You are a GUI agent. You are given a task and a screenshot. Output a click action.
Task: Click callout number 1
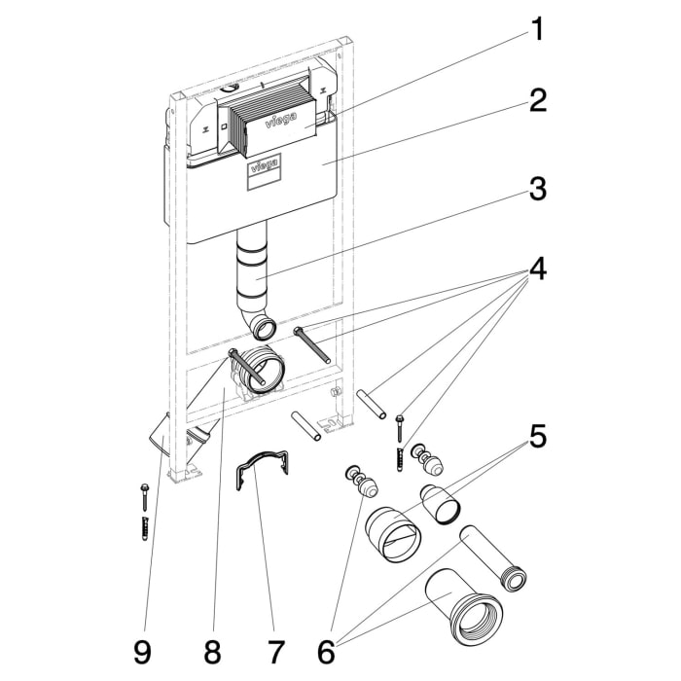[x=536, y=29]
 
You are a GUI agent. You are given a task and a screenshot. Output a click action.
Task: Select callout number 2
[x=537, y=101]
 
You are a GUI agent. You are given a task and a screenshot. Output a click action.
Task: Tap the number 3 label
[x=537, y=189]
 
